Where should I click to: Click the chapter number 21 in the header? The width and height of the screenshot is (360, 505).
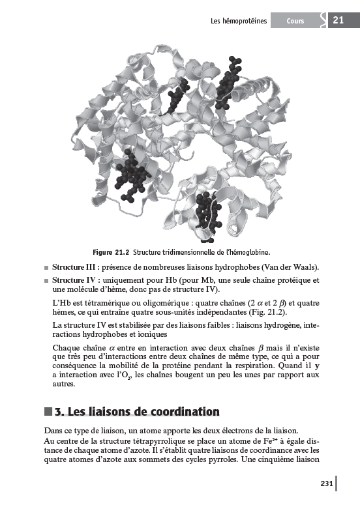pos(338,21)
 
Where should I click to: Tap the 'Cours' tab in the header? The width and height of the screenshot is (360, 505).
pos(295,22)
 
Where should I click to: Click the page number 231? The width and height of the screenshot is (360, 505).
pos(327,483)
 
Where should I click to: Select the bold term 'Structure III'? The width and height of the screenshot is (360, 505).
pos(76,267)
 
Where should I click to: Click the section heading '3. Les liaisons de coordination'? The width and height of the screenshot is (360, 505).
pos(137,411)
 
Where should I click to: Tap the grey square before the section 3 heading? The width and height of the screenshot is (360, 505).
pos(48,411)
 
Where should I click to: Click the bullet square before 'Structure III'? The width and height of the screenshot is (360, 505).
pos(46,268)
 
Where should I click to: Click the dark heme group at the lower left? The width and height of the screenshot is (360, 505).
pos(130,173)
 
